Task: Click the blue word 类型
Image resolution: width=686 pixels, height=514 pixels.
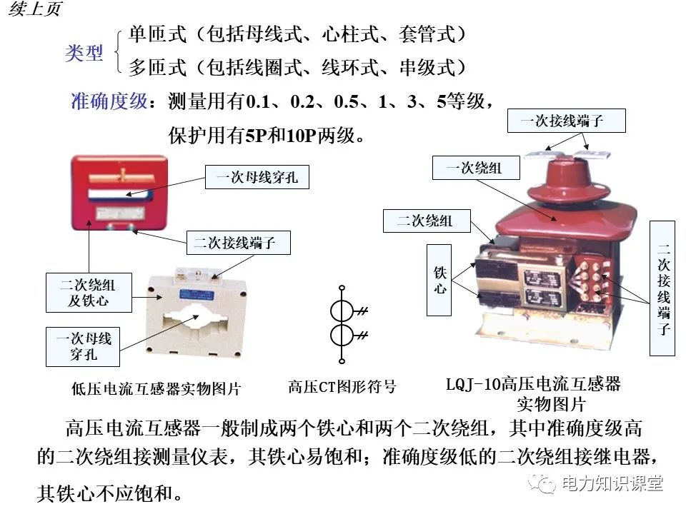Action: pyautogui.click(x=84, y=54)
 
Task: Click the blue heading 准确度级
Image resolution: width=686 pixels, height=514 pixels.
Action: pyautogui.click(x=109, y=101)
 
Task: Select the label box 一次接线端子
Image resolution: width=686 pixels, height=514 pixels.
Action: pyautogui.click(x=566, y=121)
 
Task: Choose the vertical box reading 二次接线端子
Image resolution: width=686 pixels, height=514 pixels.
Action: pyautogui.click(x=663, y=288)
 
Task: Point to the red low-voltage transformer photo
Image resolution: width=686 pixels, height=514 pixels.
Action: pyautogui.click(x=119, y=193)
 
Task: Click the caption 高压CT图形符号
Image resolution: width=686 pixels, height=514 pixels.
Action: pyautogui.click(x=342, y=387)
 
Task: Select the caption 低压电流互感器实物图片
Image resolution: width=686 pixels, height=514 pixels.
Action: pyautogui.click(x=156, y=389)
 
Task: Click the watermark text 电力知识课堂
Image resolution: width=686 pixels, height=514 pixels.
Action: pyautogui.click(x=612, y=483)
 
